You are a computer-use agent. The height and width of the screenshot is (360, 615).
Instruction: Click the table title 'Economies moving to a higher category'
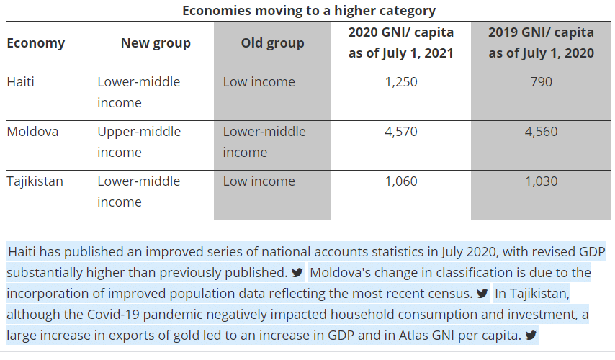tap(308, 10)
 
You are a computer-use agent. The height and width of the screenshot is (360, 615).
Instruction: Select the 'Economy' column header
tap(35, 43)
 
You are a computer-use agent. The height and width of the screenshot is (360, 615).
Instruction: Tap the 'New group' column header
tap(156, 43)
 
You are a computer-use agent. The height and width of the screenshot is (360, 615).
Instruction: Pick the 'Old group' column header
tap(272, 43)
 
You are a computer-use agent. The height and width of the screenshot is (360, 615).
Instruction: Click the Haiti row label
tap(20, 82)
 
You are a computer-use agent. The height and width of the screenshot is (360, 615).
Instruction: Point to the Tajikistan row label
tap(35, 181)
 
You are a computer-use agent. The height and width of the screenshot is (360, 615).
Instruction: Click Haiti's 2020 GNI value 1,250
tap(401, 82)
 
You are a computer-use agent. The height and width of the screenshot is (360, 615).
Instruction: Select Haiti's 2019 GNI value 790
tap(541, 82)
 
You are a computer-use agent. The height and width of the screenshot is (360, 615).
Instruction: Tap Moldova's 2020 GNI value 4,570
tap(401, 132)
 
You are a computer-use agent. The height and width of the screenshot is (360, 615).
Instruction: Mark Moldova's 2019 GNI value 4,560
tap(541, 132)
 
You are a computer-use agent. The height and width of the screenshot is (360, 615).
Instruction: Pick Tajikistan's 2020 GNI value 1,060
tap(401, 181)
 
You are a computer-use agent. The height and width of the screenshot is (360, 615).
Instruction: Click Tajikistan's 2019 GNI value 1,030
tap(541, 181)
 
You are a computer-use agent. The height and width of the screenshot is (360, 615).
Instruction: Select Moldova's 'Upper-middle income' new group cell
tap(139, 142)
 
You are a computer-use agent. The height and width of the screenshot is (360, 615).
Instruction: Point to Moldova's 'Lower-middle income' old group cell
tap(264, 142)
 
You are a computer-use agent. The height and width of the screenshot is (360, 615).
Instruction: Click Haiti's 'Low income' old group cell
tap(259, 82)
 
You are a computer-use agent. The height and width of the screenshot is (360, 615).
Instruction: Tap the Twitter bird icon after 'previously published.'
tap(297, 274)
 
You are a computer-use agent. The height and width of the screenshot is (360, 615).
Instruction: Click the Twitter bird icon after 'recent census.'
tap(482, 294)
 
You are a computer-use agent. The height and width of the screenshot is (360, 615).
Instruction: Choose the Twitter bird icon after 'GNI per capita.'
tap(531, 336)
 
